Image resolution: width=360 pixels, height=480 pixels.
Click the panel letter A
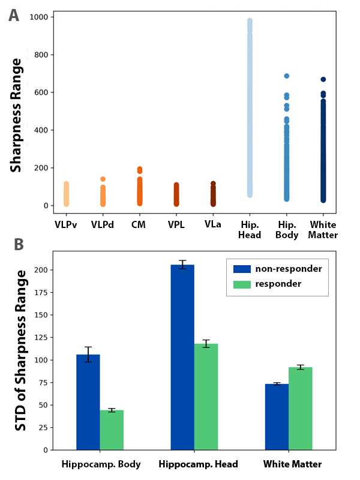click(13, 15)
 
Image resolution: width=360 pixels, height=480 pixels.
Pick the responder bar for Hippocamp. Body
click(112, 430)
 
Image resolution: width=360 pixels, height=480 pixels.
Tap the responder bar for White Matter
click(301, 408)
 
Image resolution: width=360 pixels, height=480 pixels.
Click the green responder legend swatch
click(241, 283)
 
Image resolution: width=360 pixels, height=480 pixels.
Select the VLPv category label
click(66, 224)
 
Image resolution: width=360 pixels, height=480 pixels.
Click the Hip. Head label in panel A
click(250, 229)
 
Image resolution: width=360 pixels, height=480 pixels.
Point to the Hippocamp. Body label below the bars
click(101, 464)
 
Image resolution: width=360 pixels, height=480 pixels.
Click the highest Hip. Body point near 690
click(287, 76)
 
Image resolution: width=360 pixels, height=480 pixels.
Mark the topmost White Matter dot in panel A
click(323, 79)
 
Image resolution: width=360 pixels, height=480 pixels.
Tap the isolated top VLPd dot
click(103, 179)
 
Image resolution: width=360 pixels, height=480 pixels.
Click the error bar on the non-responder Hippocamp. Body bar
click(88, 354)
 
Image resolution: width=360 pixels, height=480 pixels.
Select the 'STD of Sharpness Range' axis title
click(22, 350)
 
